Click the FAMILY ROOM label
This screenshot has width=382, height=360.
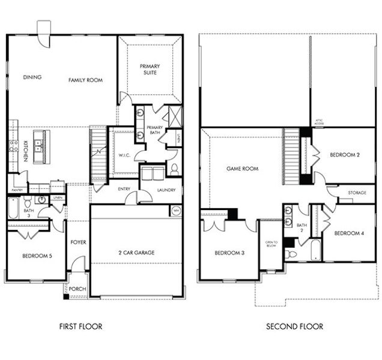(x=85, y=80)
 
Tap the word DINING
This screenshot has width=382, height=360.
(x=32, y=77)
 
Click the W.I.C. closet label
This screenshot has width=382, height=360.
(x=125, y=154)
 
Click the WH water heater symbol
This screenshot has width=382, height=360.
(x=176, y=211)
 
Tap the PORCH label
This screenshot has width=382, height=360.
(x=77, y=289)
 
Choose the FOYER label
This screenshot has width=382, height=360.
(x=78, y=242)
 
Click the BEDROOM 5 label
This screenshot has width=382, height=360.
(x=37, y=256)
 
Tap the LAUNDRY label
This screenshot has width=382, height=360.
(x=166, y=190)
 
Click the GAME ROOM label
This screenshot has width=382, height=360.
(x=242, y=169)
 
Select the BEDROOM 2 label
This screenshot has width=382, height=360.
(x=345, y=155)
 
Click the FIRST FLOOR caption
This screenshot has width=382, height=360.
(x=80, y=326)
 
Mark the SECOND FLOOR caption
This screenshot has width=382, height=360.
(x=294, y=326)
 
